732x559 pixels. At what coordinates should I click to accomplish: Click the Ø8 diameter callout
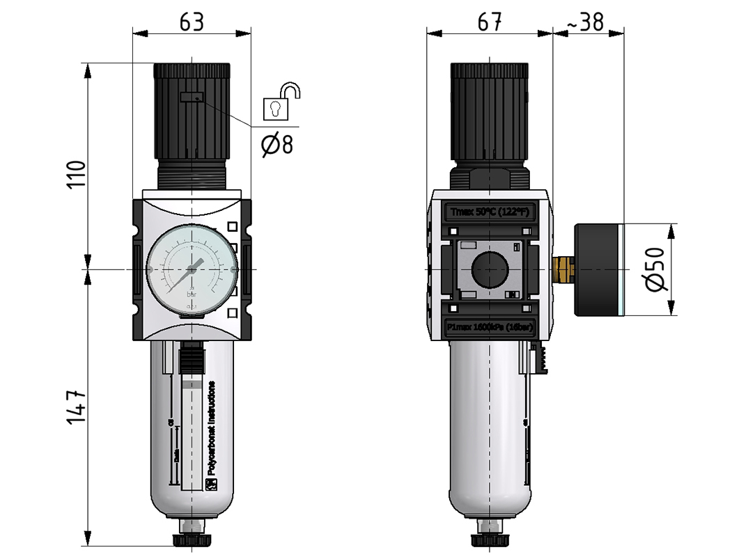click(277, 145)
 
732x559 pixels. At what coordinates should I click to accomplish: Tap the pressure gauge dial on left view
click(191, 269)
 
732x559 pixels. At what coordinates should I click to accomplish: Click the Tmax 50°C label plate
click(491, 212)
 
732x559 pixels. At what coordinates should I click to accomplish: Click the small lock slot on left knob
click(191, 97)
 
